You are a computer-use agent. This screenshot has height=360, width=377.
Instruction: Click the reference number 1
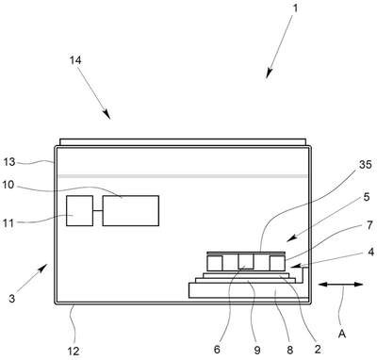(295, 8)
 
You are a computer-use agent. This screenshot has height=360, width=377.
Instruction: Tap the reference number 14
(75, 59)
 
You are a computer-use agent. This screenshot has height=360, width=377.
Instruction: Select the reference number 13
(9, 162)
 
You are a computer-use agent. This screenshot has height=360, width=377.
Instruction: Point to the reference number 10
(8, 185)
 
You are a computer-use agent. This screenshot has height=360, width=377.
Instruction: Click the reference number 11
(8, 223)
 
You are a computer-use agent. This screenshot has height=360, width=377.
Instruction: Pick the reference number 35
(365, 164)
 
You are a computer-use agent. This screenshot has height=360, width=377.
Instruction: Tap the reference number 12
(74, 351)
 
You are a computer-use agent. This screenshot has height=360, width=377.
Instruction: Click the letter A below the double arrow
(342, 334)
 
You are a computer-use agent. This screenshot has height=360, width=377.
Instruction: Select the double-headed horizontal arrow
(340, 285)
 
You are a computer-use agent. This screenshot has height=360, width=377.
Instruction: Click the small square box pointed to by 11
(80, 210)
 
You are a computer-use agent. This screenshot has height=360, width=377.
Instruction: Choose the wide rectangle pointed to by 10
(131, 210)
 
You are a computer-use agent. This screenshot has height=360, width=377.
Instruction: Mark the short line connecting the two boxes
(98, 210)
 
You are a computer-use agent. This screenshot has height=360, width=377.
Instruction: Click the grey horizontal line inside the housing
(183, 176)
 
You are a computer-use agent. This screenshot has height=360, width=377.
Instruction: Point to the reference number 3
(11, 298)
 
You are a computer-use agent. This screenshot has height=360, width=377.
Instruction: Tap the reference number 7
(369, 225)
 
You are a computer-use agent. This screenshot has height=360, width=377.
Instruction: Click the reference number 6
(217, 350)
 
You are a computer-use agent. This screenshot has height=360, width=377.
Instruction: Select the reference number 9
(257, 350)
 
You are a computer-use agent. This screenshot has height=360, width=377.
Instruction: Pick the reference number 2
(318, 349)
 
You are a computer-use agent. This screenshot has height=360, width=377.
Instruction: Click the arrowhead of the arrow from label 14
(107, 114)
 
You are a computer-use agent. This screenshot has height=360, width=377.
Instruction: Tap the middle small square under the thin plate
(246, 261)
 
